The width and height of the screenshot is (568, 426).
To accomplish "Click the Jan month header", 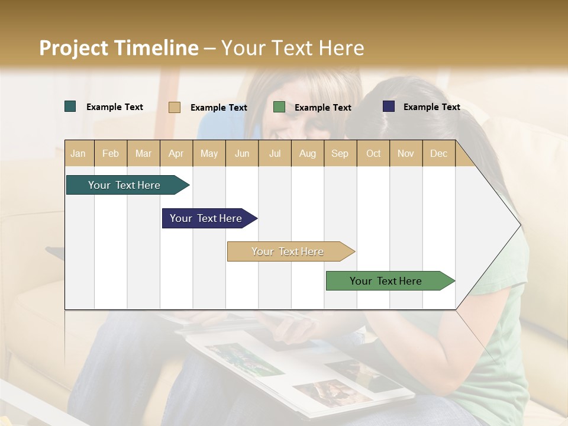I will point(79,153).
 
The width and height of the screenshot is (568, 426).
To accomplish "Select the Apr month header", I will point(176,153).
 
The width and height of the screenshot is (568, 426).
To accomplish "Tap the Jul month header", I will point(275,153).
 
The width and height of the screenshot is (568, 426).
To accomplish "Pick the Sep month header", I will point(340,153).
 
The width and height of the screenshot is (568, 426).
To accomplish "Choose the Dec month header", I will point(438,153).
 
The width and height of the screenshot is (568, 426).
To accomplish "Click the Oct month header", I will point(373,153).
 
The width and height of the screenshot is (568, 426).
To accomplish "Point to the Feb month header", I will point(111,153).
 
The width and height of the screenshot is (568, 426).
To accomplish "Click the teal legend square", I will point(70,106).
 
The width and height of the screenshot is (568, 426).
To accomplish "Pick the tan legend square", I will point(175,107).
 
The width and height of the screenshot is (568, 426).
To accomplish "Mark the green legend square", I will point(279,107).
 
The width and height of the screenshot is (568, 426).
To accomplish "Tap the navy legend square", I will point(389,106).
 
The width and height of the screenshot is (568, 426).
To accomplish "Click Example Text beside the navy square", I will point(431,106).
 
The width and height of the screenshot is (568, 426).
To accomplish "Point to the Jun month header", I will point(242,153).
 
